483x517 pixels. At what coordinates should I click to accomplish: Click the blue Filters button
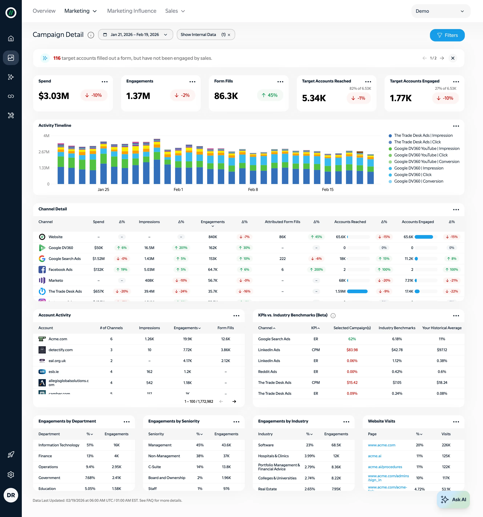447,35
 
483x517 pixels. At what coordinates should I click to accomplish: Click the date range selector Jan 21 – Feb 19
135,35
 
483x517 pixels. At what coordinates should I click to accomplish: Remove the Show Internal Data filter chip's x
229,35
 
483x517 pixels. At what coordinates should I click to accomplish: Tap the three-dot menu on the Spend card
104,82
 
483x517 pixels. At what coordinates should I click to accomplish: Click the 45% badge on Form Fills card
270,95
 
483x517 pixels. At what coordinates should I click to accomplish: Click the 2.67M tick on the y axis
44,152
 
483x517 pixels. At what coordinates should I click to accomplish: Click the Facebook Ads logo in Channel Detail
42,269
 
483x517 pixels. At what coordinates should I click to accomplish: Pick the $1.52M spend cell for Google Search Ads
98,258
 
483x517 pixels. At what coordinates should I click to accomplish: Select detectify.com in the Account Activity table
61,350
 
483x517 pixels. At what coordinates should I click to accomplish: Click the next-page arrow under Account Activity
234,401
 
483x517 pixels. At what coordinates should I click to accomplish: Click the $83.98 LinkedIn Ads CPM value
352,350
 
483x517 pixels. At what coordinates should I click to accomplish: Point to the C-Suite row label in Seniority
154,467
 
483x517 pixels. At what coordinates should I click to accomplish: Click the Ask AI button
453,499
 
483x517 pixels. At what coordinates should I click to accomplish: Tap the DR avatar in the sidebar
11,495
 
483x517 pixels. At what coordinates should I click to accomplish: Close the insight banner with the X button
453,58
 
